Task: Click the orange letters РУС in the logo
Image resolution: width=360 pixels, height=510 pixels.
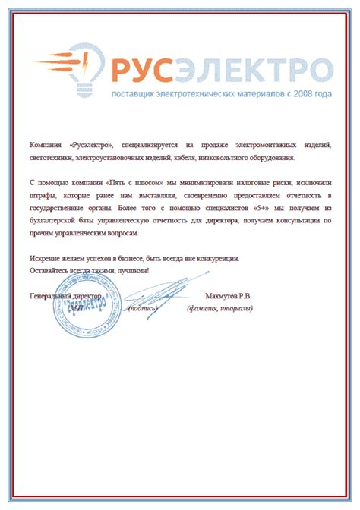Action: (x=138, y=70)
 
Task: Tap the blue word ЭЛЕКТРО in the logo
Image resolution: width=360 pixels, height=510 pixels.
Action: (x=250, y=70)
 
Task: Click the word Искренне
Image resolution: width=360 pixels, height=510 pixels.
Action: (x=45, y=258)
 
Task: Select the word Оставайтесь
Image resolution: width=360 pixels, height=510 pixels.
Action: (x=49, y=270)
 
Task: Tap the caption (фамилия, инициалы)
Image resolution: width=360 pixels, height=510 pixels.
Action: (x=220, y=308)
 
